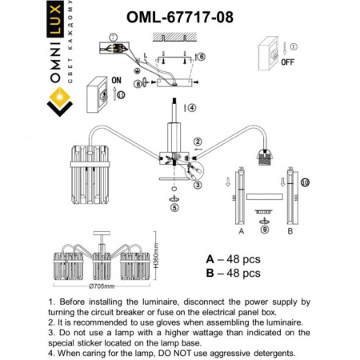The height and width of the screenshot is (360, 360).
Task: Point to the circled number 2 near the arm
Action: tap(198, 142)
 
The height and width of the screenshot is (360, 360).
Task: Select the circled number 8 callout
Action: tap(138, 82)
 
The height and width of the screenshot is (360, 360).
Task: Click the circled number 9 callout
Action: tap(263, 229)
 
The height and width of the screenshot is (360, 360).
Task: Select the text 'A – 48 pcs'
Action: tap(233, 259)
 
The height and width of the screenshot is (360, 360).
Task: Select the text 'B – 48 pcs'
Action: tap(233, 274)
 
